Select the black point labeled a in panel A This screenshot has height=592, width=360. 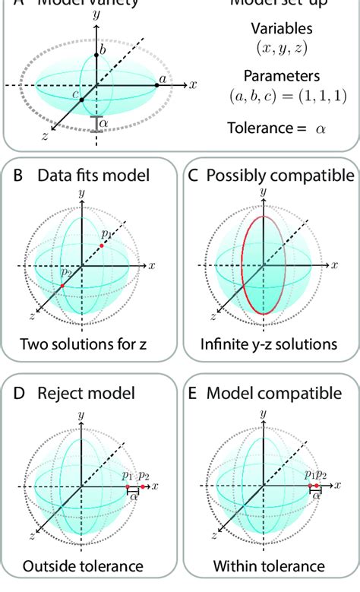[x=157, y=84]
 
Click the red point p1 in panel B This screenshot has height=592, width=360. [x=102, y=246]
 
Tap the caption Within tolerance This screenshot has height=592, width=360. [x=269, y=565]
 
